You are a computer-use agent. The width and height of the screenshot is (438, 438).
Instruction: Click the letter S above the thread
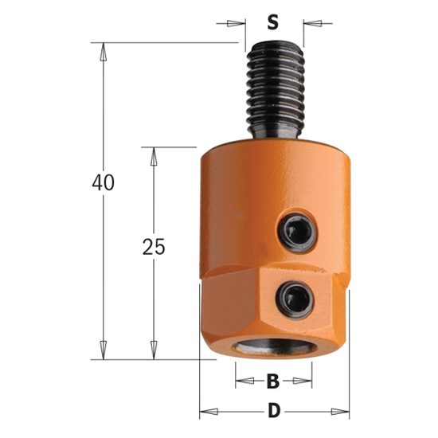pos(272,22)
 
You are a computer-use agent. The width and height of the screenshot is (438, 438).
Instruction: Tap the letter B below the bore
pos(272,381)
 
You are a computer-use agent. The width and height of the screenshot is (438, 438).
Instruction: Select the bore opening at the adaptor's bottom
pos(273,349)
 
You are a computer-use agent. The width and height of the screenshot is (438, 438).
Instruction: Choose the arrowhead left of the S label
pos(239,22)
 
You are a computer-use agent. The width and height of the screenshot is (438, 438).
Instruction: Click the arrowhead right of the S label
pos(307,22)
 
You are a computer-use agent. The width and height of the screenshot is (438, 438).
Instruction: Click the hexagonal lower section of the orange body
pos(239,311)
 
